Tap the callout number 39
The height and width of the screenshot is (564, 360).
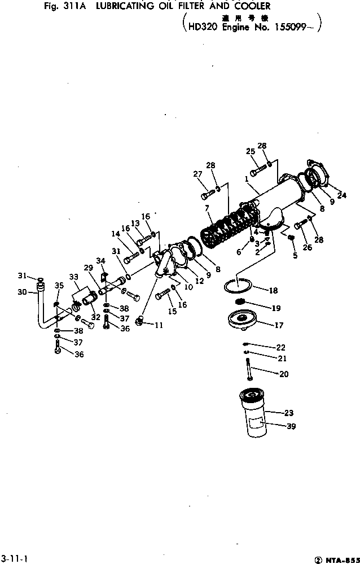(291, 426)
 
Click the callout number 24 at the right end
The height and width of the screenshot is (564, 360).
(342, 195)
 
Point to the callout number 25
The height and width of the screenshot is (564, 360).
(251, 151)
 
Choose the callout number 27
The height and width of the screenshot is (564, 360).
(197, 174)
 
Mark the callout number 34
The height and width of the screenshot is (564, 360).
(101, 260)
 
